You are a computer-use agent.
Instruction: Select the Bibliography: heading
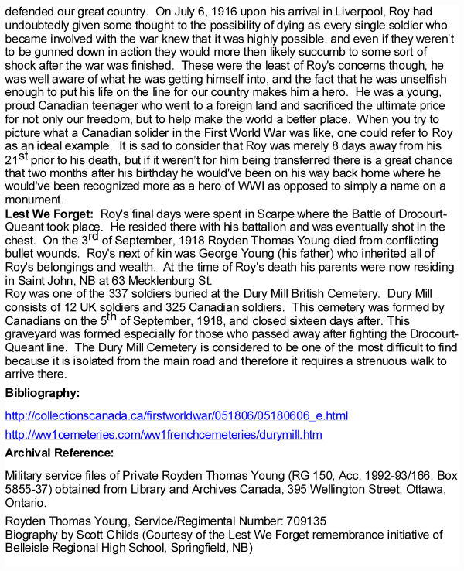[43, 393]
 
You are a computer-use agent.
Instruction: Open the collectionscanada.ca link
[176, 416]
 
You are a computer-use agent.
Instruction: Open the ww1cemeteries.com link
[163, 435]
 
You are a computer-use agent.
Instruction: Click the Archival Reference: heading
[60, 453]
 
